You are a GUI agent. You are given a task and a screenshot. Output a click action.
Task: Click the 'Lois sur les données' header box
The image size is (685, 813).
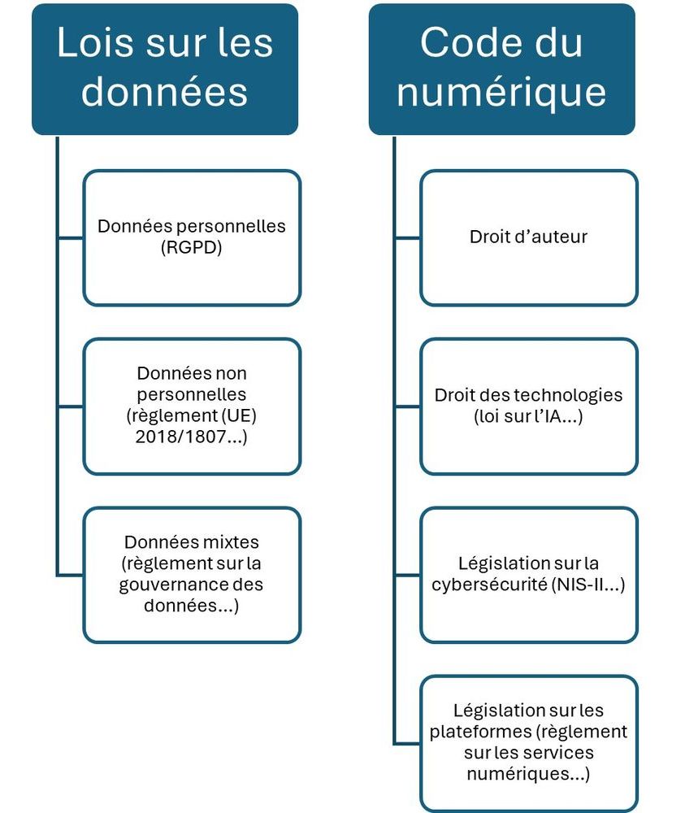tap(165, 69)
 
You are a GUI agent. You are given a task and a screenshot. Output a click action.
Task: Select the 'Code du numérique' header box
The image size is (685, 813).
tap(501, 69)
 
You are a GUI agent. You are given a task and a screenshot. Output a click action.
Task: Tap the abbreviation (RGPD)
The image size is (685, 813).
tap(191, 247)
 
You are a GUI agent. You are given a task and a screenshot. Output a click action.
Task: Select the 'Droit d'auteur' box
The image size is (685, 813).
tap(528, 237)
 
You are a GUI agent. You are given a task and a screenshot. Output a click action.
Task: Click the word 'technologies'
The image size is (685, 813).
tap(572, 395)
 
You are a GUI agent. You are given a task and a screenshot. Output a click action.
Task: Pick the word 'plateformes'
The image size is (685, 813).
tap(481, 732)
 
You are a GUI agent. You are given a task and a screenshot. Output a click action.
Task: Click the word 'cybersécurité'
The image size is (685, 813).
tap(490, 585)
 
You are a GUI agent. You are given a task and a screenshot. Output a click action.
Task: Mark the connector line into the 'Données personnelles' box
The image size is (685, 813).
tap(71, 238)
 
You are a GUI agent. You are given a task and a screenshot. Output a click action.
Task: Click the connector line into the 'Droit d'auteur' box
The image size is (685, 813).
tap(408, 238)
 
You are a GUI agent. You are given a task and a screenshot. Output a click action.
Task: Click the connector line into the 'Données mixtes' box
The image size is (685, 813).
tap(71, 575)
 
